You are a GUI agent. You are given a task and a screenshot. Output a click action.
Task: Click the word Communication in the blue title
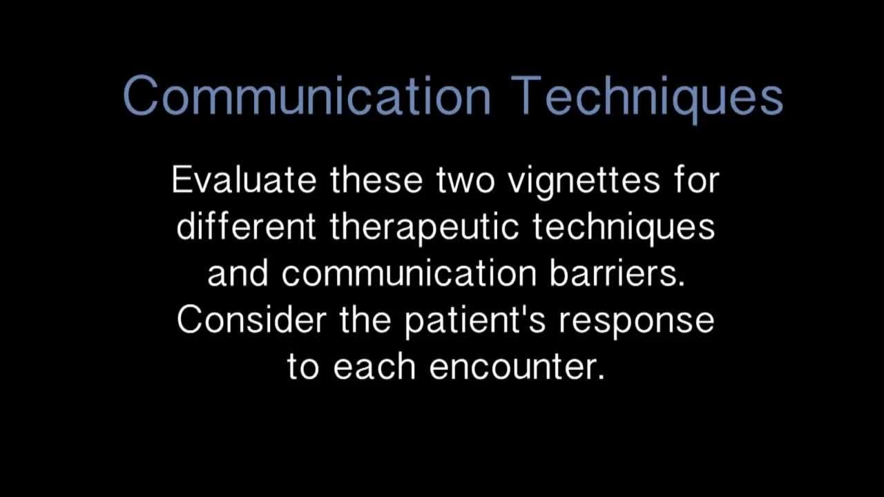pyautogui.click(x=307, y=96)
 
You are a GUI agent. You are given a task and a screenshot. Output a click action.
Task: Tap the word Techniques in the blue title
pyautogui.click(x=647, y=99)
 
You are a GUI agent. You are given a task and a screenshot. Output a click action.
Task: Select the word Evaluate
pyautogui.click(x=244, y=180)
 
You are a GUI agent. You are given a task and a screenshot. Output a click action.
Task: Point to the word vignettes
pyautogui.click(x=584, y=183)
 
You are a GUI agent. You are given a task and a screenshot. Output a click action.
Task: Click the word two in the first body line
pyautogui.click(x=465, y=182)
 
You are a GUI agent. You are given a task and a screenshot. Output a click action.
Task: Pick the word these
pyautogui.click(x=376, y=180)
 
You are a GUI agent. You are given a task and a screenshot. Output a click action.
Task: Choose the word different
pyautogui.click(x=246, y=226)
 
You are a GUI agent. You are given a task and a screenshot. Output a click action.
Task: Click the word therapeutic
pyautogui.click(x=424, y=229)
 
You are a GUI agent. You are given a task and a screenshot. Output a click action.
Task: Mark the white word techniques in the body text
pyautogui.click(x=624, y=229)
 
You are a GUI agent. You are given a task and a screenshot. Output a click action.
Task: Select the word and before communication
pyautogui.click(x=238, y=273)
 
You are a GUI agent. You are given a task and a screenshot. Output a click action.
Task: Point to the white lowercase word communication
pyautogui.click(x=410, y=273)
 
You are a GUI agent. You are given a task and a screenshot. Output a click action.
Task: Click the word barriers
pyautogui.click(x=617, y=273)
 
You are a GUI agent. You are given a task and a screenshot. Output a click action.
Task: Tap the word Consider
pyautogui.click(x=251, y=320)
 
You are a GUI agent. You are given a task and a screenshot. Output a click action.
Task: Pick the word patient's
pyautogui.click(x=475, y=322)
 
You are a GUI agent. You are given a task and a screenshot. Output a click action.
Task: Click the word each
pyautogui.click(x=374, y=366)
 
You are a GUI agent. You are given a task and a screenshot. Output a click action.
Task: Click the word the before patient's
pyautogui.click(x=365, y=320)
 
